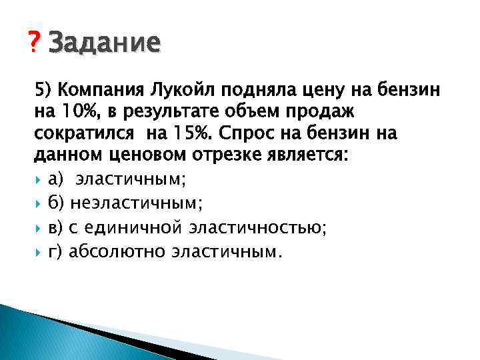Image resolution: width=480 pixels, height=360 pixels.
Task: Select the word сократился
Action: [82, 133]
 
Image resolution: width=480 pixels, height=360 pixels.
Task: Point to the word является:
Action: [273, 156]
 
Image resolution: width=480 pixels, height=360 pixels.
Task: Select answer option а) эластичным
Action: [119, 179]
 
